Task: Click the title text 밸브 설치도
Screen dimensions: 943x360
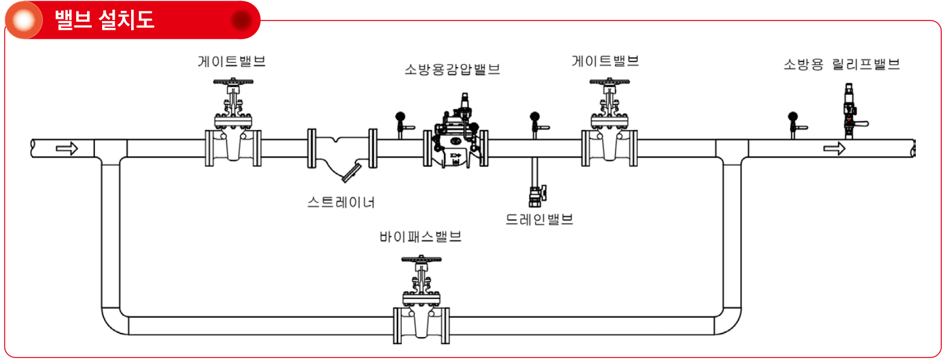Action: [105, 20]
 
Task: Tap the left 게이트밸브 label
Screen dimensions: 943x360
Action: [231, 62]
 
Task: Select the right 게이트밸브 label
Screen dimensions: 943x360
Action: [605, 61]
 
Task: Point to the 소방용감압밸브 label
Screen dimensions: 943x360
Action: [452, 69]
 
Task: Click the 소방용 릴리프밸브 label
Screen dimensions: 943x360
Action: [842, 64]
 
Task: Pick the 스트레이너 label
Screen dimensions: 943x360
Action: [341, 202]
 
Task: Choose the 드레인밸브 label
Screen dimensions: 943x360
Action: [539, 219]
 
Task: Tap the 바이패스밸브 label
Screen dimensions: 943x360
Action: [420, 236]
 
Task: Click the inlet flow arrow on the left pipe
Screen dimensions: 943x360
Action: [67, 148]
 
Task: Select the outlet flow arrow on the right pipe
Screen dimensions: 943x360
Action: [834, 148]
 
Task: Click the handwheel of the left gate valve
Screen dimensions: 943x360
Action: [233, 82]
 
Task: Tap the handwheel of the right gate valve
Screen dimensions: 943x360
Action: [609, 82]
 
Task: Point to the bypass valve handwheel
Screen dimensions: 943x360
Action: [421, 259]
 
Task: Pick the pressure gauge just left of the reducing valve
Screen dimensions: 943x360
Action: [402, 124]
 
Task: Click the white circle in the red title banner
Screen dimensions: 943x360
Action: [24, 20]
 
